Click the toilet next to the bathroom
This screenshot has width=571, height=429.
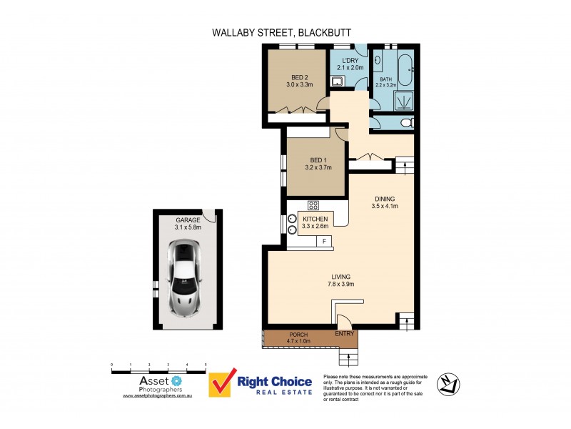click(x=406, y=124)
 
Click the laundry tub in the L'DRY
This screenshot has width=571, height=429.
click(x=340, y=81)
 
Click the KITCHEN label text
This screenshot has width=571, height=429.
click(x=315, y=218)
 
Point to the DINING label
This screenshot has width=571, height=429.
click(x=384, y=199)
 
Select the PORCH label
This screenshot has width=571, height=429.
click(x=298, y=335)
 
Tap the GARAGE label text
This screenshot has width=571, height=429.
click(x=187, y=220)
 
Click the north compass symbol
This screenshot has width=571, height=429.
click(x=447, y=383)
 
